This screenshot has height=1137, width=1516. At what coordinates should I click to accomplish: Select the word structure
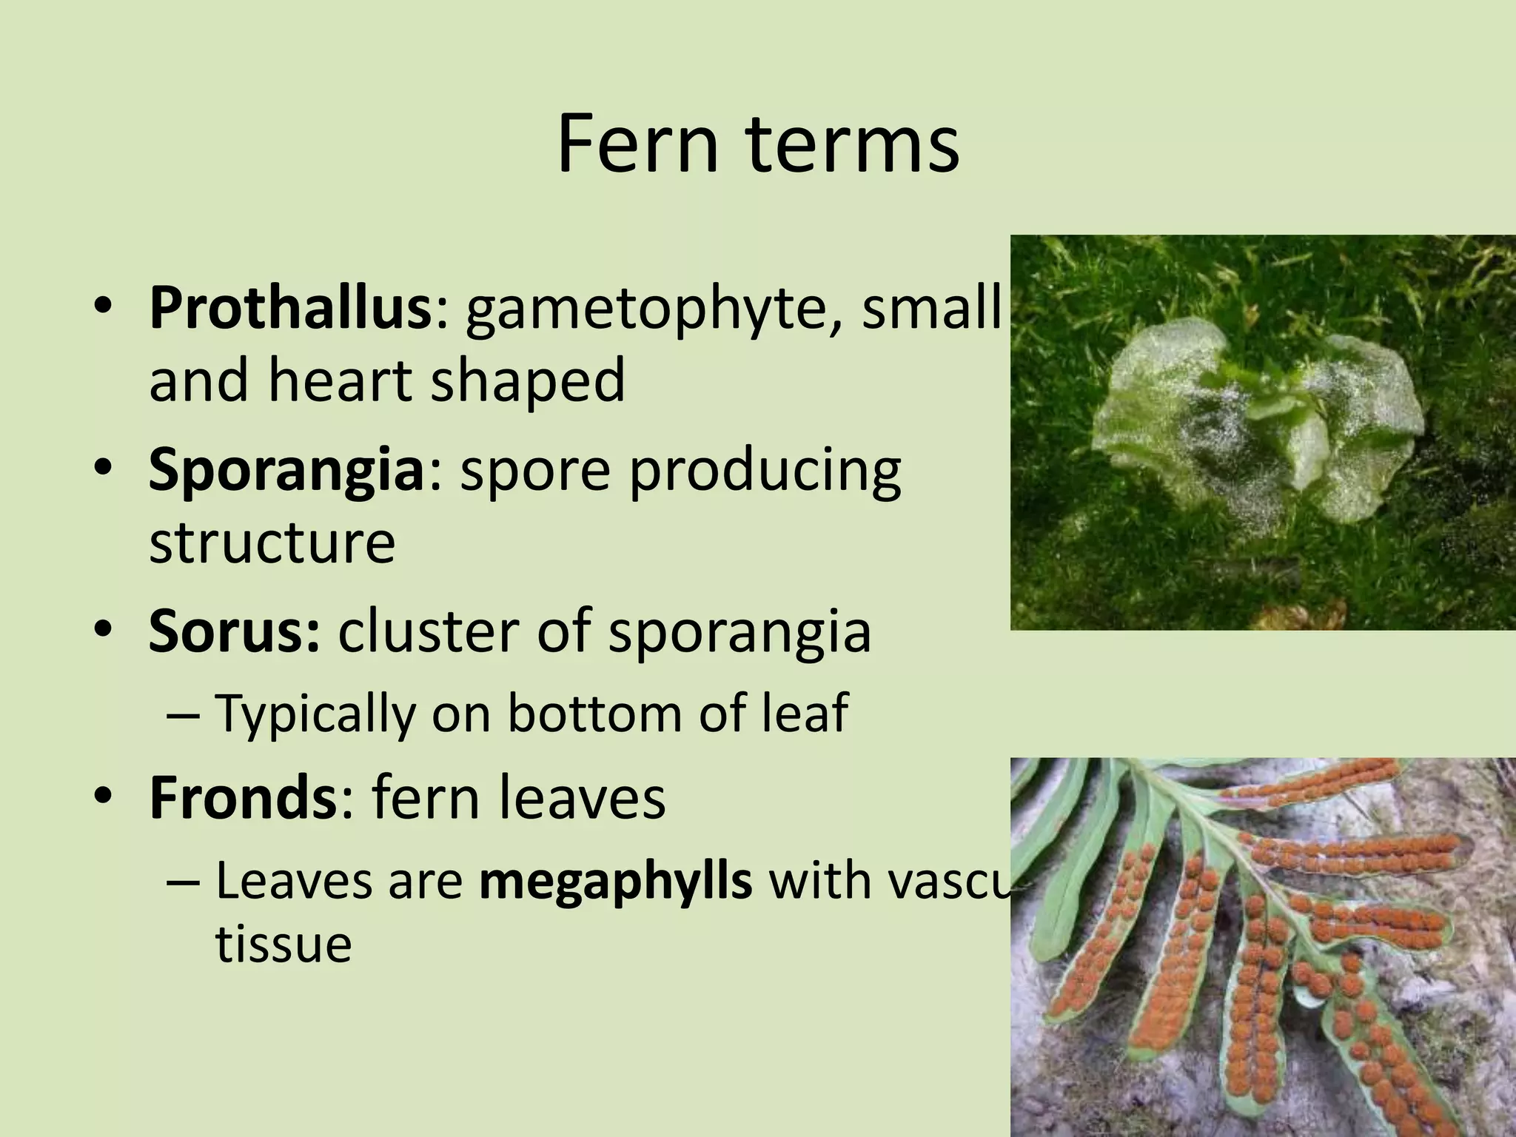(x=272, y=543)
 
